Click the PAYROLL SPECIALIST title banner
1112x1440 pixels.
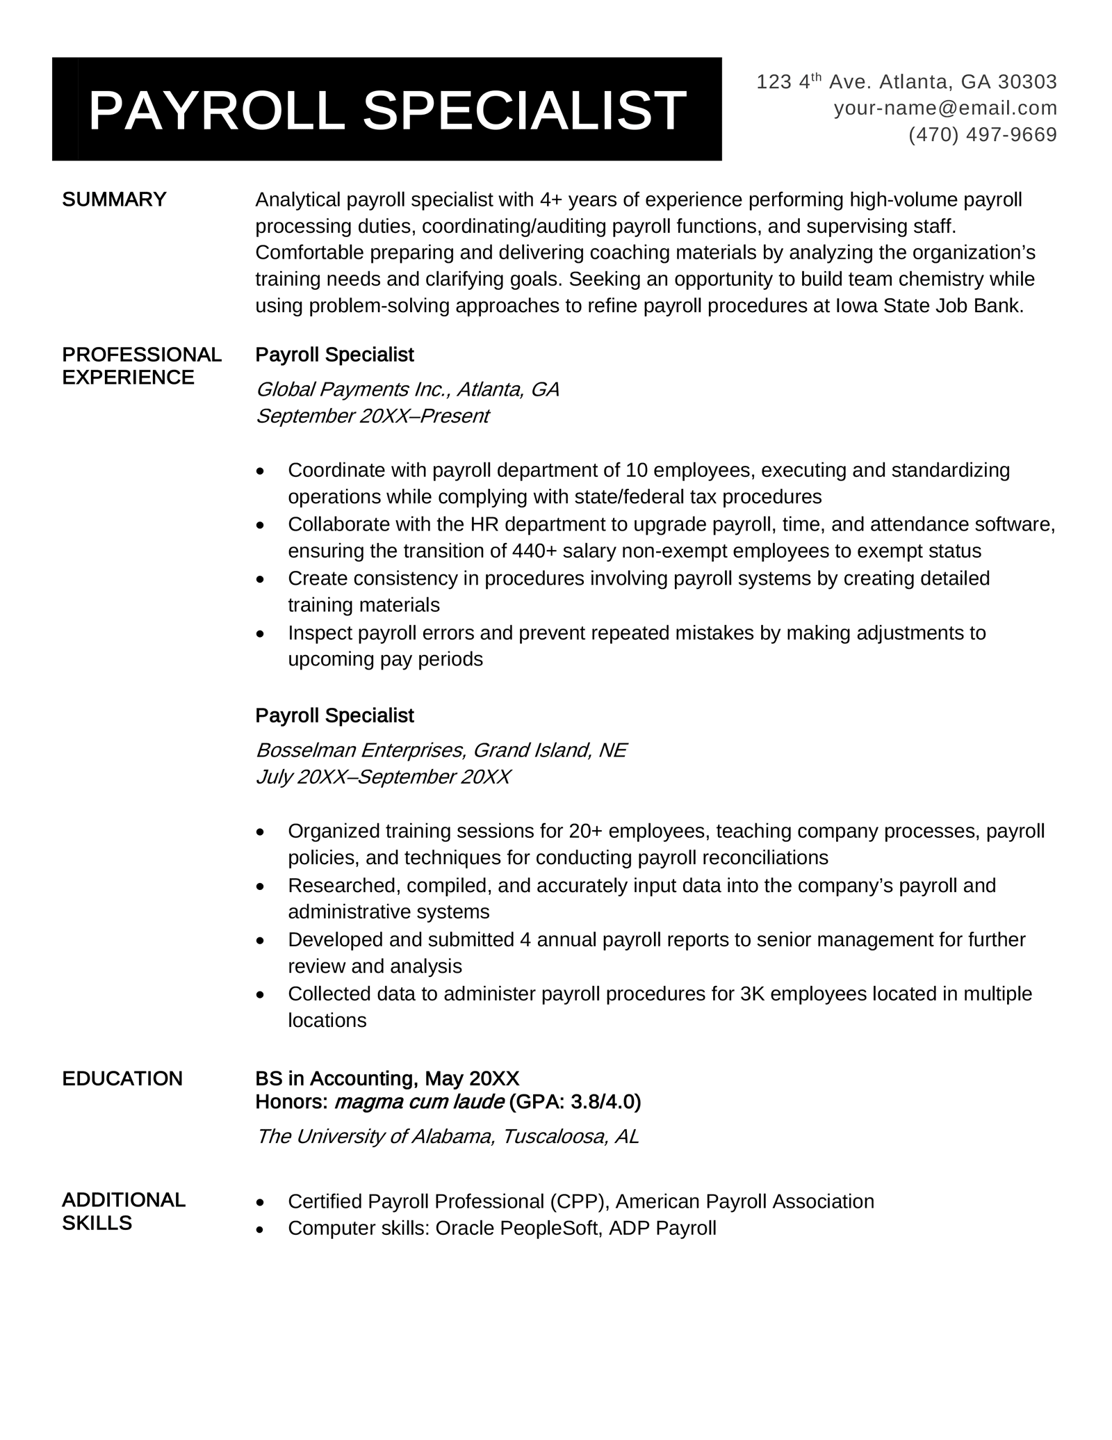click(386, 110)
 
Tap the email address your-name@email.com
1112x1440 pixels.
click(945, 108)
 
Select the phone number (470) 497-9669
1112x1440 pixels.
click(982, 134)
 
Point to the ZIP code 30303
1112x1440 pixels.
click(1027, 82)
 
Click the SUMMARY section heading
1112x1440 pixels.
click(115, 200)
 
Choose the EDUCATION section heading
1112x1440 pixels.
click(122, 1078)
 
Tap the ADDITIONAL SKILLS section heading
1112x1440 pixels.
click(124, 1211)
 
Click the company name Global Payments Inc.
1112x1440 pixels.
click(353, 389)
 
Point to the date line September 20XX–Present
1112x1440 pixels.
click(373, 416)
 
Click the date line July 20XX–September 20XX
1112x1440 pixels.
click(383, 776)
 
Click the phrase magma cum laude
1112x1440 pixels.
click(419, 1101)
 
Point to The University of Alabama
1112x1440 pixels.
click(374, 1136)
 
